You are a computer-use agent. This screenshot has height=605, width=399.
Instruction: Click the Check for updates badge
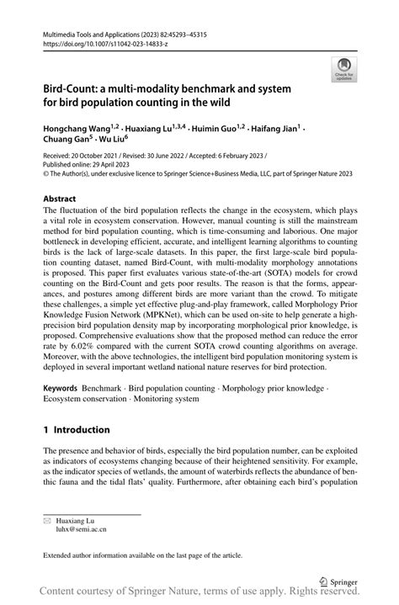pyautogui.click(x=343, y=69)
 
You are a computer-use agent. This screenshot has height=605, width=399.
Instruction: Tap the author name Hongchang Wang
pyautogui.click(x=77, y=128)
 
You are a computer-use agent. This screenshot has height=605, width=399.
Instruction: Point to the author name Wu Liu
pyautogui.click(x=114, y=141)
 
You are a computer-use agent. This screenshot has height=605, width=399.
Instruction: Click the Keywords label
pyautogui.click(x=62, y=390)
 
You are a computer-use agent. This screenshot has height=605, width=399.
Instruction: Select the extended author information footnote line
pyautogui.click(x=143, y=555)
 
